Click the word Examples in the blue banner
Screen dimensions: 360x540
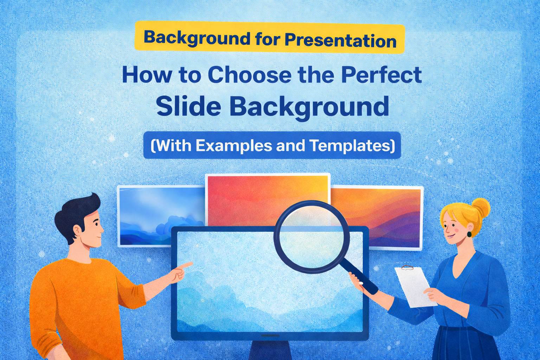pos(234,146)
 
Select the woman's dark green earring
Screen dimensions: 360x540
pos(469,234)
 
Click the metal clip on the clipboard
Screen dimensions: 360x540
pos(407,268)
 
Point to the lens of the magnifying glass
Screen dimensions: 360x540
pos(311,237)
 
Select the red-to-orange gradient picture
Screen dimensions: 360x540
pos(267,197)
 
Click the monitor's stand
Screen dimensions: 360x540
pos(270,350)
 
